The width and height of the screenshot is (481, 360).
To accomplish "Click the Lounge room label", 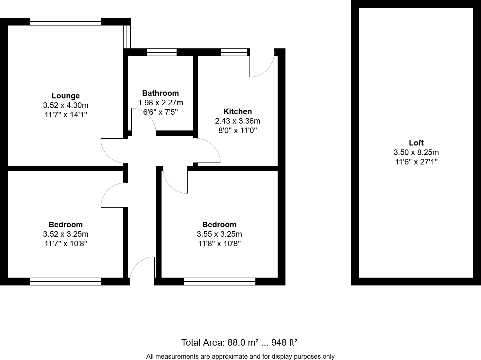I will pos(66,96).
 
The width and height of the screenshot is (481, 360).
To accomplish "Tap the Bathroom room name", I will pos(160,93).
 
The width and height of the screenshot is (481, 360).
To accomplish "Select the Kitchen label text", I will pos(237,111).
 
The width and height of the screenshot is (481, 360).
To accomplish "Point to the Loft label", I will pos(416,143).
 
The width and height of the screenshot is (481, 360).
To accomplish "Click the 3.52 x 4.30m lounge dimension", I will pos(66,105).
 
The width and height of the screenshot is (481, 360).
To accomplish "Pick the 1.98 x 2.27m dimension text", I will pos(160,103).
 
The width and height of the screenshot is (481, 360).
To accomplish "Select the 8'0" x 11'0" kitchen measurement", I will pos(237,130).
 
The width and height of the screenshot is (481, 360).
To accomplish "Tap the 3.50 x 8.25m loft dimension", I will pos(416,152).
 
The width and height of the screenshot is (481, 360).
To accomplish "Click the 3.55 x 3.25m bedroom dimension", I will pos(219,234).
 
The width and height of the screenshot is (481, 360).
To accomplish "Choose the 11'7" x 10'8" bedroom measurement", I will pos(66,244).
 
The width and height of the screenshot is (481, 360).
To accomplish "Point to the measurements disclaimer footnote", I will pos(240,356).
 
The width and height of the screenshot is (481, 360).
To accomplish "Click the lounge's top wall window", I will pos(65,22).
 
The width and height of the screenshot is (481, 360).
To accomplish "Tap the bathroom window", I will pos(162,52).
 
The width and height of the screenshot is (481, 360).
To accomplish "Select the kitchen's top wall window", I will pos(234,52).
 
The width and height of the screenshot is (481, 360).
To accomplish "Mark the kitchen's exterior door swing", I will pos(262,65).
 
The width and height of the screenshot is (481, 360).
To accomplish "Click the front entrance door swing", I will pos(142,268).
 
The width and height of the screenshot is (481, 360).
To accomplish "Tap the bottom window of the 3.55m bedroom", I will pos(219,281).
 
